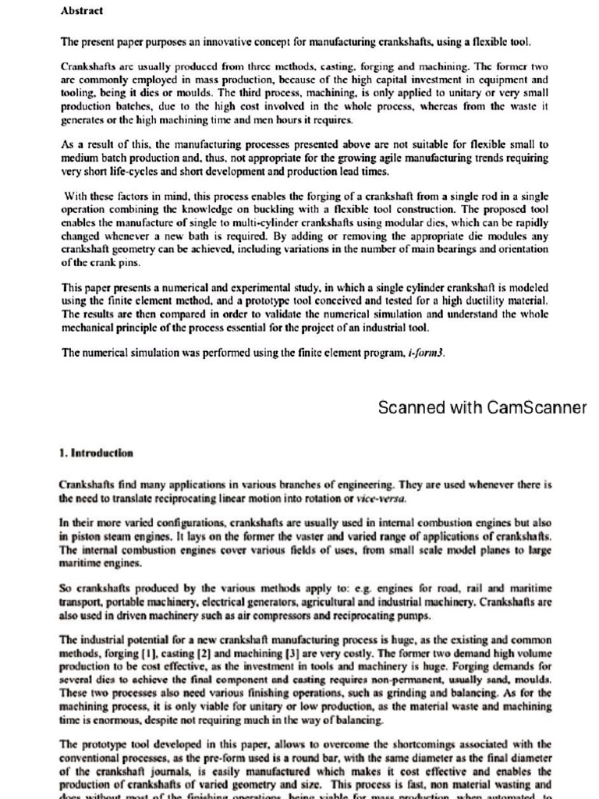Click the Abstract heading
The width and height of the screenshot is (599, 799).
[x=81, y=11]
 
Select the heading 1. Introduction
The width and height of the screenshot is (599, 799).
[x=96, y=453]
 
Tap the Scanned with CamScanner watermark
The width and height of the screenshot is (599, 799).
[x=482, y=407]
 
